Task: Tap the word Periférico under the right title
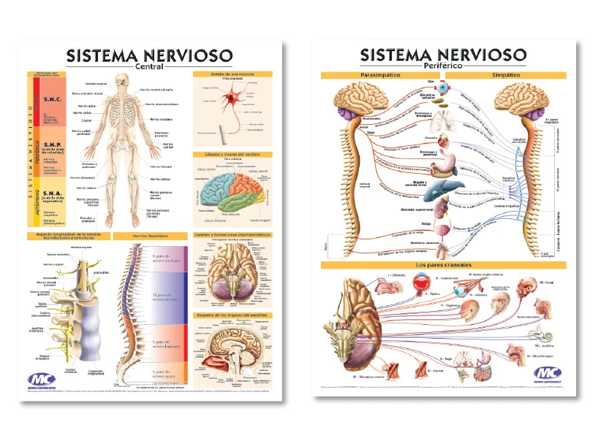pos(444,66)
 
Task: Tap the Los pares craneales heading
pos(443,264)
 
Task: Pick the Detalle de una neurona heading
pos(233,74)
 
